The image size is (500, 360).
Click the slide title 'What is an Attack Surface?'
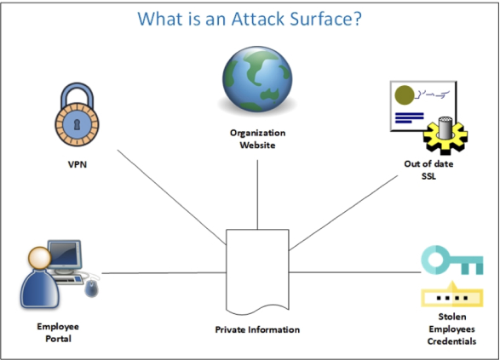pyautogui.click(x=250, y=19)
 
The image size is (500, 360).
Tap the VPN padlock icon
pyautogui.click(x=77, y=115)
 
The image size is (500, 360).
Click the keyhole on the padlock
pyautogui.click(x=77, y=124)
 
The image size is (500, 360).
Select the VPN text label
pyautogui.click(x=78, y=164)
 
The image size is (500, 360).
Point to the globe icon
pyautogui.click(x=257, y=79)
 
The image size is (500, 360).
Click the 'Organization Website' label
pyautogui.click(x=257, y=139)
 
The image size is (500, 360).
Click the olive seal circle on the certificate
pyautogui.click(x=405, y=95)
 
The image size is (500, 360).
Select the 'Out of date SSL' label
pyautogui.click(x=428, y=170)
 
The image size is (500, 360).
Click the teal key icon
pyautogui.click(x=452, y=260)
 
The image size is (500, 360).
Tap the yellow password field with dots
pyautogui.click(x=452, y=297)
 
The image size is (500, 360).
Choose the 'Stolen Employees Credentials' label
pyautogui.click(x=451, y=329)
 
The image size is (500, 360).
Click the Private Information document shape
pyautogui.click(x=257, y=271)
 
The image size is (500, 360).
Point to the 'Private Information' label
pyautogui.click(x=257, y=329)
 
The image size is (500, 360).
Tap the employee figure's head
pyautogui.click(x=39, y=258)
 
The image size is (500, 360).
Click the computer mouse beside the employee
pyautogui.click(x=91, y=288)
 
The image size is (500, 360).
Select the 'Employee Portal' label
pyautogui.click(x=58, y=332)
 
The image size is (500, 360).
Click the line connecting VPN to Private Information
pyautogui.click(x=171, y=197)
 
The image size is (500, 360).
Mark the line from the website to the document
pyautogui.click(x=257, y=195)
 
